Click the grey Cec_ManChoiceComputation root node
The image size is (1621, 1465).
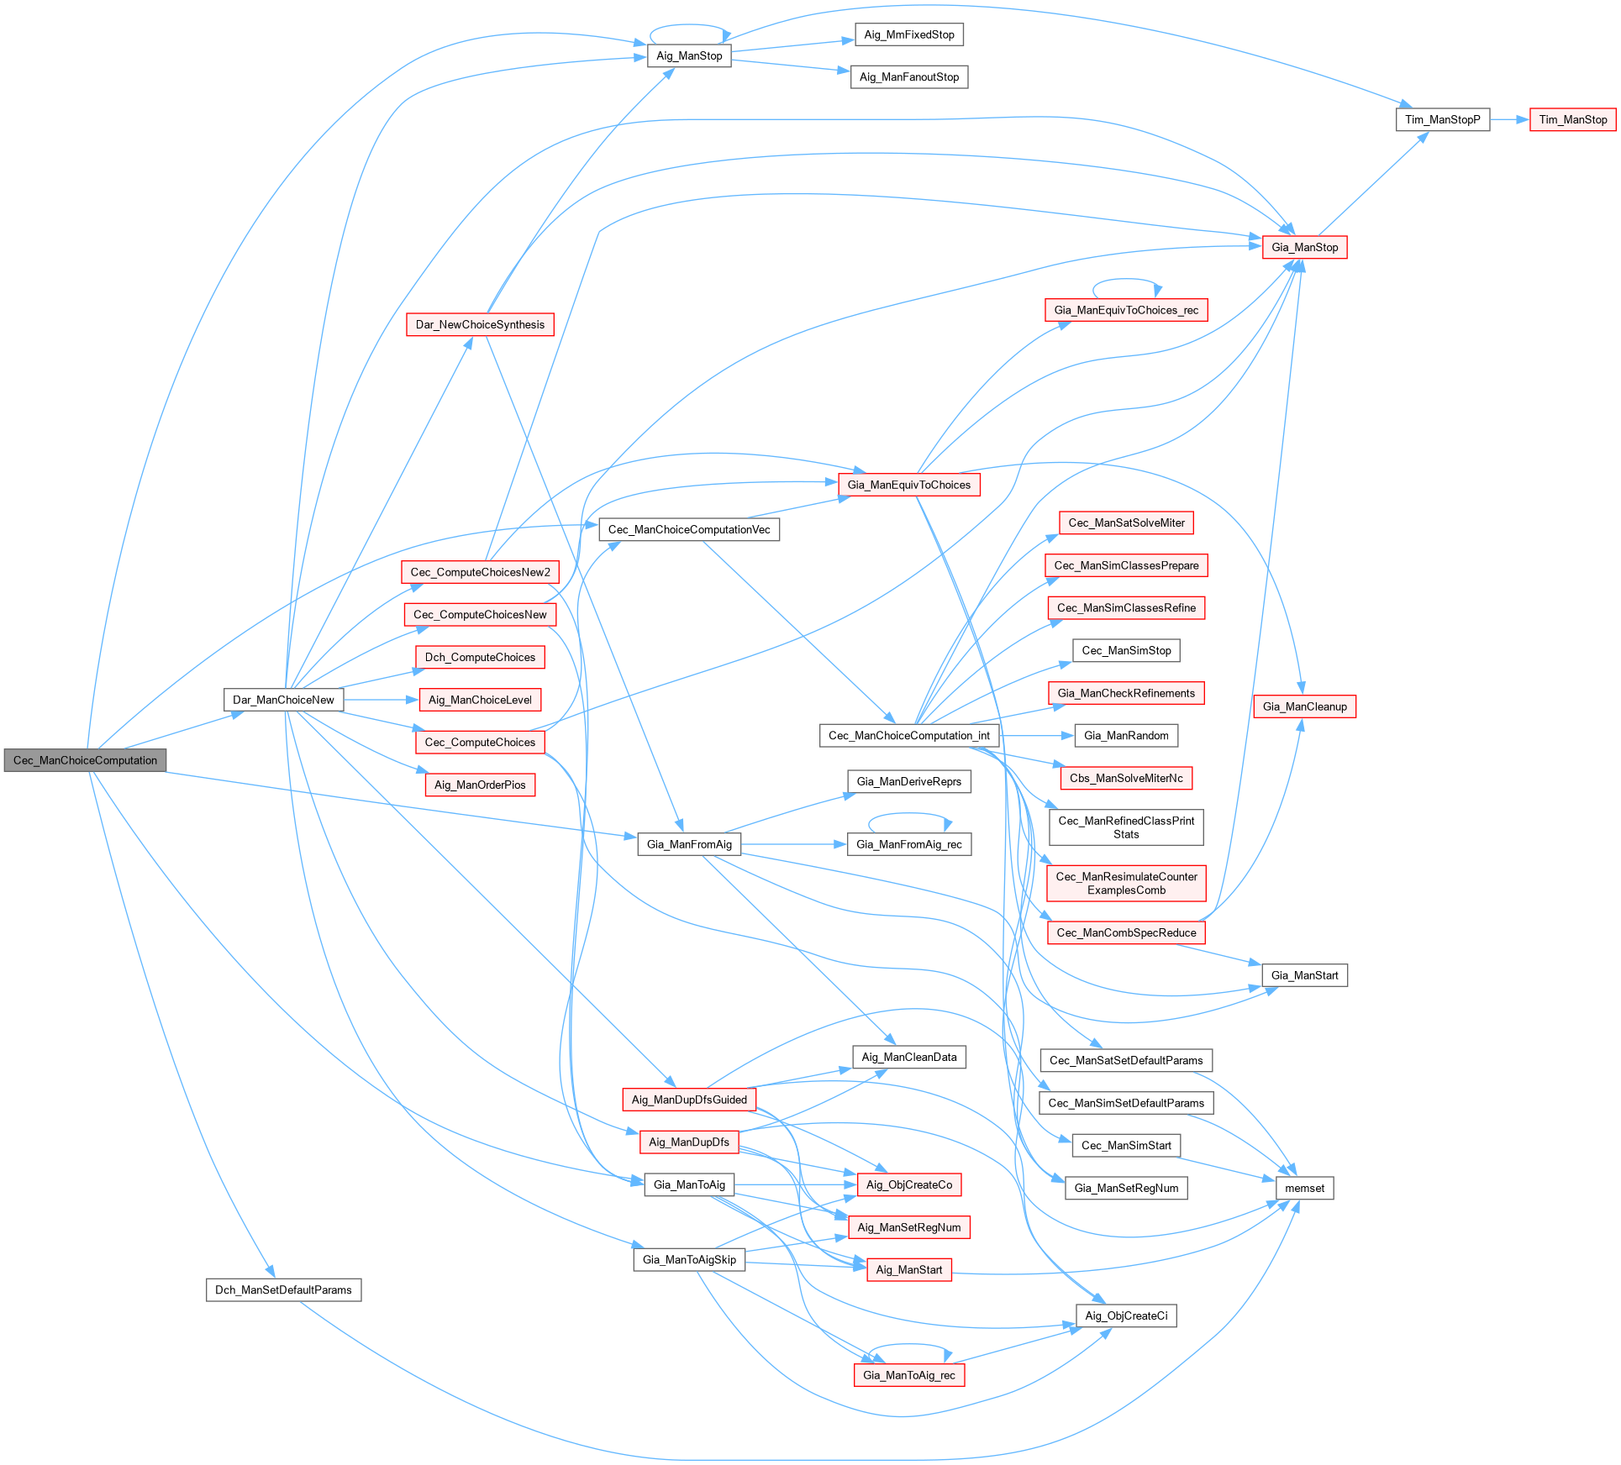coord(85,760)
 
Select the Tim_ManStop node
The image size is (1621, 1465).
coord(1572,119)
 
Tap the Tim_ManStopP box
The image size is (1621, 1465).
coord(1442,119)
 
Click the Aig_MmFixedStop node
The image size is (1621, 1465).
coord(909,34)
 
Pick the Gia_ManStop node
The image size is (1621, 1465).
coord(1304,247)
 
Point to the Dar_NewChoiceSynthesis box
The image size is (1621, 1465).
coord(480,324)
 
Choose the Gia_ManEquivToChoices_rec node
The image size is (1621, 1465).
coord(1126,310)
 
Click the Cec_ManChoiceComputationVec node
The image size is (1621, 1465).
coord(689,529)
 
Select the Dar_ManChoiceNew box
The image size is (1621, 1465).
coord(283,700)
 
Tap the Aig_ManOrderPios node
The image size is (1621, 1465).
coord(480,785)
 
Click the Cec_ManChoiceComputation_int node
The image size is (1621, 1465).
coord(909,735)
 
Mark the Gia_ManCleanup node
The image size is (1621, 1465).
coord(1304,706)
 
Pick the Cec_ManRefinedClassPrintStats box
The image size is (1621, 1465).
coord(1126,827)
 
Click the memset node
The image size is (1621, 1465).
coord(1304,1188)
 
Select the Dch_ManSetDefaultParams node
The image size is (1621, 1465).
coord(283,1289)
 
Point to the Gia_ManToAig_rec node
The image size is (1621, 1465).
coord(909,1375)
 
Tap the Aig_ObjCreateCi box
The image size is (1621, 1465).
coord(1126,1315)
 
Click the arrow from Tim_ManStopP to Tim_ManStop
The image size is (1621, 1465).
coord(1509,119)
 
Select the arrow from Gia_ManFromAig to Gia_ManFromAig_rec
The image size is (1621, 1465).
coord(794,844)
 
